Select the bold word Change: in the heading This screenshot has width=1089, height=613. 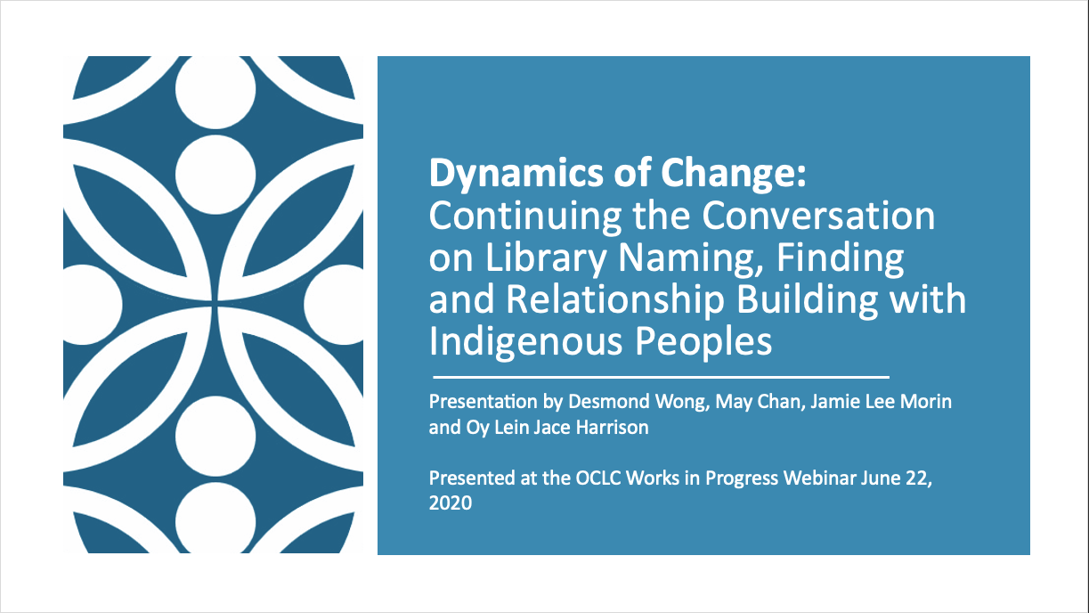pyautogui.click(x=733, y=173)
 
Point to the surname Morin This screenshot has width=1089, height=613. pyautogui.click(x=926, y=402)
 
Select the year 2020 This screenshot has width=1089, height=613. pyautogui.click(x=451, y=503)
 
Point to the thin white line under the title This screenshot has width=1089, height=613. pyautogui.click(x=661, y=377)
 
